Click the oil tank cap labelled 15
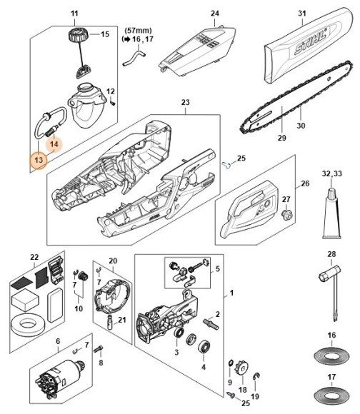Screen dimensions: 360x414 [76, 35]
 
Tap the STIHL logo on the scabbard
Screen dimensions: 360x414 [311, 41]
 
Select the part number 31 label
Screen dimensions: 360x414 [302, 13]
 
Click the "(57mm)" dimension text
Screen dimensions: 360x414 [138, 31]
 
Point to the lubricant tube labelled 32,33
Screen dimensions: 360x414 [331, 213]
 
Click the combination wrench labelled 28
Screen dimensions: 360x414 [331, 291]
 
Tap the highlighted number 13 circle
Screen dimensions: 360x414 [39, 160]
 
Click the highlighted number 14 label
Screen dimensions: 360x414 [54, 144]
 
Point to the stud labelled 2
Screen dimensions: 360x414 [211, 324]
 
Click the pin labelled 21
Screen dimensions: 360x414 [110, 322]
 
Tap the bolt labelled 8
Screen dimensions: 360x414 [98, 349]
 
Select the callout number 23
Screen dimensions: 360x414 [186, 102]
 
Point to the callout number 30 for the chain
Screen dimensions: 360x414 [301, 126]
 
